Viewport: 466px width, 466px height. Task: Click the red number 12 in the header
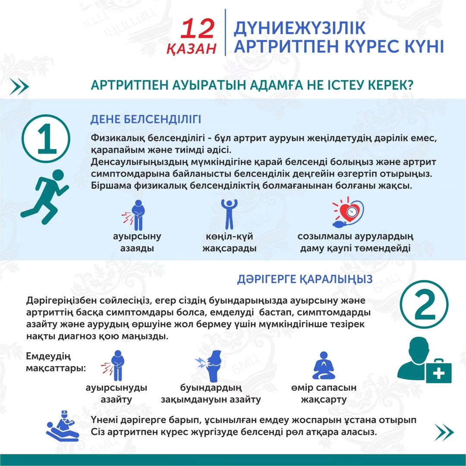[x=198, y=29]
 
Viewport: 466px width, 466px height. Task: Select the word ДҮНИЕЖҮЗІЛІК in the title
[x=299, y=28]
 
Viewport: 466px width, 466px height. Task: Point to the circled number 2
[x=424, y=306]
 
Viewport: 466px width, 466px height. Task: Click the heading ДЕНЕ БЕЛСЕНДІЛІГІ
[x=145, y=120]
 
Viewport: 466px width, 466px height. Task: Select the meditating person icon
[x=324, y=365]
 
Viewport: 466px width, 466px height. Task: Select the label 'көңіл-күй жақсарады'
[x=230, y=242]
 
